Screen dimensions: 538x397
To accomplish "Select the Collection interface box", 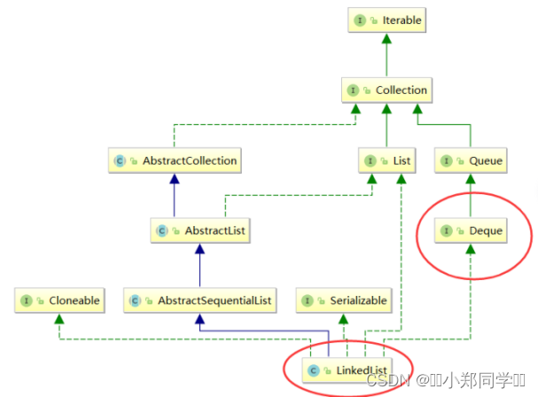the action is pos(387,90).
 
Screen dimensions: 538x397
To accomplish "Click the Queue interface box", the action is pos(472,161).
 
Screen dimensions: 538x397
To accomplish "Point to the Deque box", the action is pos(472,230).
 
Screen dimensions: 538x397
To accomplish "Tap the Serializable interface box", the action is pos(344,300).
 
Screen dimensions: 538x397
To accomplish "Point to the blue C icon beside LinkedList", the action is pos(314,369).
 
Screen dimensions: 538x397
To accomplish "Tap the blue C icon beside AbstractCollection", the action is pos(121,161).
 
